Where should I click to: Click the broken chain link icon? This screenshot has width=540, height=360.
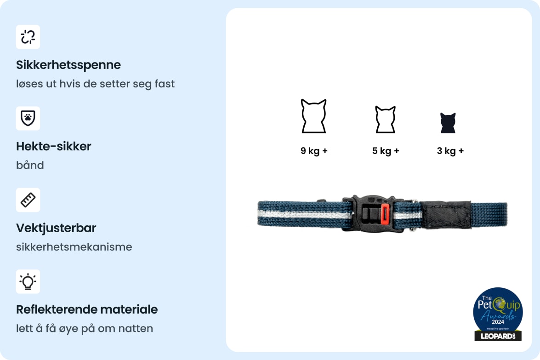click(x=28, y=37)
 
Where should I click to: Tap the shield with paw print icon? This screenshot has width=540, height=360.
click(x=28, y=118)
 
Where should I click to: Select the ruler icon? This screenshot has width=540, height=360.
click(x=28, y=200)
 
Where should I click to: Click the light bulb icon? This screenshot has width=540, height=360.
click(x=28, y=281)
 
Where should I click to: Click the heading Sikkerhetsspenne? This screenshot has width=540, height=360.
click(x=68, y=65)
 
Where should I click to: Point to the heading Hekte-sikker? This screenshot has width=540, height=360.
click(x=54, y=146)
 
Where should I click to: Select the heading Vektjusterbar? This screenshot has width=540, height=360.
click(x=56, y=228)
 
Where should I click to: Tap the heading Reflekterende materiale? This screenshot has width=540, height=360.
click(x=87, y=309)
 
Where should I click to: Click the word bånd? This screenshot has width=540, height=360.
click(x=30, y=165)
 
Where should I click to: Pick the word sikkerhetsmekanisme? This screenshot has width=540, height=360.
click(x=74, y=247)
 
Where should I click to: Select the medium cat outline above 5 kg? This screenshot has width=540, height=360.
click(x=385, y=120)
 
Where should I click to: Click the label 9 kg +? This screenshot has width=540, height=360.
click(x=314, y=151)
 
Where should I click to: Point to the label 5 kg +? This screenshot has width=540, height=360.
click(x=386, y=151)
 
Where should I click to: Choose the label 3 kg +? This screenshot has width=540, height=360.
click(x=450, y=151)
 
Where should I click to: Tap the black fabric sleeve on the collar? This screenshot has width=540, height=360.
click(x=446, y=214)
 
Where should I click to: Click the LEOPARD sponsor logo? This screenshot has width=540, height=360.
click(x=498, y=336)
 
